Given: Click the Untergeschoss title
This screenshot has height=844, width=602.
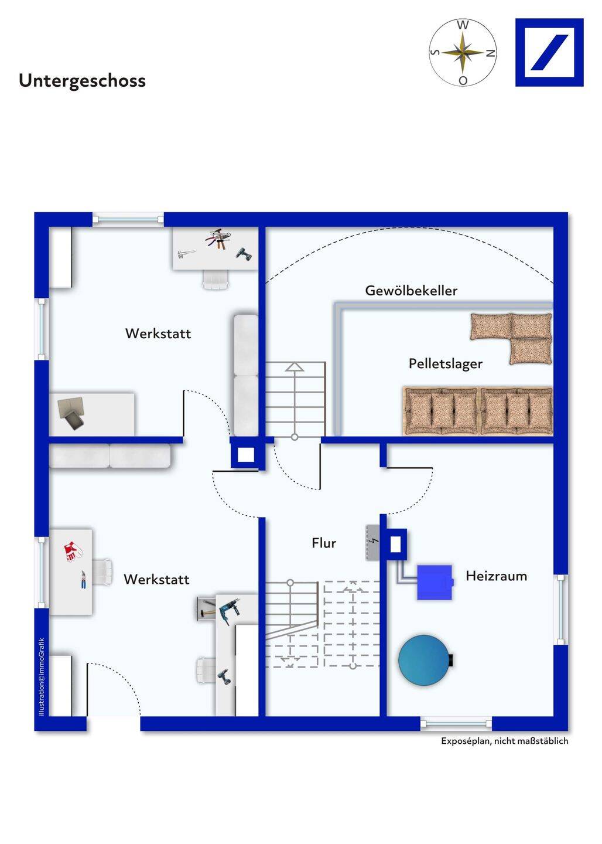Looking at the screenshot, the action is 82,80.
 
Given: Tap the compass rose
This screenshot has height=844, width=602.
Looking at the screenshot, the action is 463,53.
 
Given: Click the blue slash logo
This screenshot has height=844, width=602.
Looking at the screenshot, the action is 549,53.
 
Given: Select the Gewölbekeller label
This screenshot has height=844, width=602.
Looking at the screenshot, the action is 411,290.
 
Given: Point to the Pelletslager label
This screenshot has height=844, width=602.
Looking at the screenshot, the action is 446,363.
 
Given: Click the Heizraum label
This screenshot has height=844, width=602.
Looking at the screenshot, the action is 496,576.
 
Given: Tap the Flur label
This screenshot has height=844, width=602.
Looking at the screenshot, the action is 324,543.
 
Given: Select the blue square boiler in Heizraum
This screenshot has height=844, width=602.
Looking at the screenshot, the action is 435,582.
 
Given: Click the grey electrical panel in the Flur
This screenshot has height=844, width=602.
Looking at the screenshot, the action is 372,542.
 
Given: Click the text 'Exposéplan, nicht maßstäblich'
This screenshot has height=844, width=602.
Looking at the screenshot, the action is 504,741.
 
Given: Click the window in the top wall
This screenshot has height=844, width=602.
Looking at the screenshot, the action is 128,219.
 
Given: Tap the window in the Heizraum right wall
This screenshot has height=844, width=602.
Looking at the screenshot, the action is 560,610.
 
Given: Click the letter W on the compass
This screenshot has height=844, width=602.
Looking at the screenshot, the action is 463,25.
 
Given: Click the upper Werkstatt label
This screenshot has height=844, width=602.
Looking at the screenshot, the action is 158,333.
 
